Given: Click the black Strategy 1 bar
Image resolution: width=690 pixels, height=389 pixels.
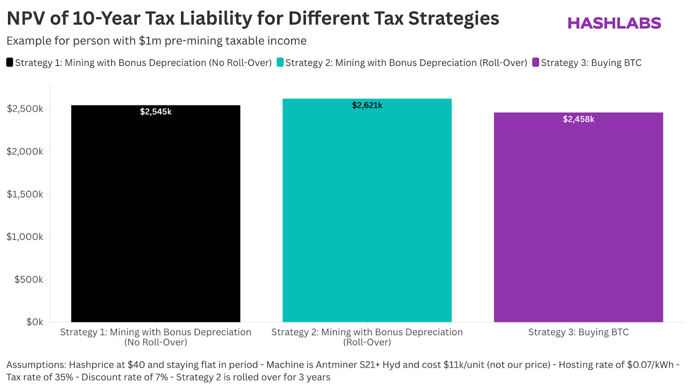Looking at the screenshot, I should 156,215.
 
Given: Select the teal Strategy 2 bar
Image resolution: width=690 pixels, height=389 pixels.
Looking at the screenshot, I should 367,215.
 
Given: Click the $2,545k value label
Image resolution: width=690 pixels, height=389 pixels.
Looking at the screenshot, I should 156,112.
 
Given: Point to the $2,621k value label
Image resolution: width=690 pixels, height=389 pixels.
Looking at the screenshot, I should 367,106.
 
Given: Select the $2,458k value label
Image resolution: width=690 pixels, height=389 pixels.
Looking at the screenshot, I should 578,119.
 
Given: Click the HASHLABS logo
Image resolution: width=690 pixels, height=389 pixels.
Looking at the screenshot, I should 614,23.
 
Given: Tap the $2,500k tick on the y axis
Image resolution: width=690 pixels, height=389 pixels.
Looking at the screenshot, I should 25,109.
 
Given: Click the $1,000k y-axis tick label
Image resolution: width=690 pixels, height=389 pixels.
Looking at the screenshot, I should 25,237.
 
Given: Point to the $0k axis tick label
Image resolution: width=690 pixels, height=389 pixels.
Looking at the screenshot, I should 34,322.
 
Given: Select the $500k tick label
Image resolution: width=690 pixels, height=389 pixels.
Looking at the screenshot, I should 29,280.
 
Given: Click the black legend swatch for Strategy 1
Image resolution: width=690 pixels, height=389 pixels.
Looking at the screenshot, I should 9,62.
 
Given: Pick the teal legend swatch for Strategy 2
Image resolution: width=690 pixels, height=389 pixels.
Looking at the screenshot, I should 280,62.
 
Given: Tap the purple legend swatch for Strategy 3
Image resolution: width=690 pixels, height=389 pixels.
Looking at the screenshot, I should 536,62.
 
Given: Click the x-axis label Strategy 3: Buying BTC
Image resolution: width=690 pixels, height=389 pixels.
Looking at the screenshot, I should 578,332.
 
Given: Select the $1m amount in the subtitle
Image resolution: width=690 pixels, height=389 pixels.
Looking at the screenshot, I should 150,41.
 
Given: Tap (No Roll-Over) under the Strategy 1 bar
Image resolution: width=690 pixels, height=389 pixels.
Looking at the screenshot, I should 156,342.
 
